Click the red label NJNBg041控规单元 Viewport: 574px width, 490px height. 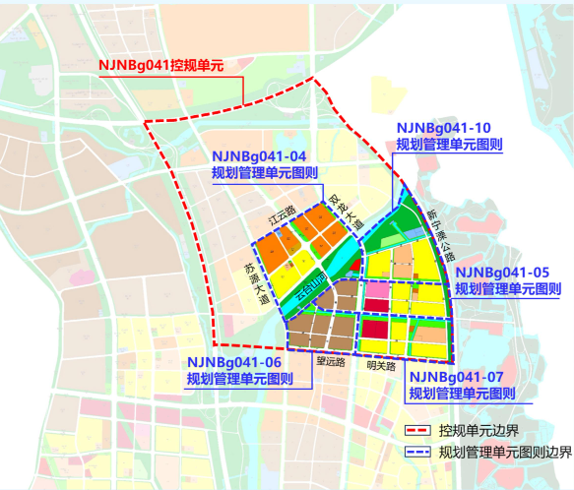[x=161, y=66]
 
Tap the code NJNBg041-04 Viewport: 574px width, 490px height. [x=258, y=156]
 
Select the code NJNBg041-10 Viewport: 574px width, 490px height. [x=442, y=128]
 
